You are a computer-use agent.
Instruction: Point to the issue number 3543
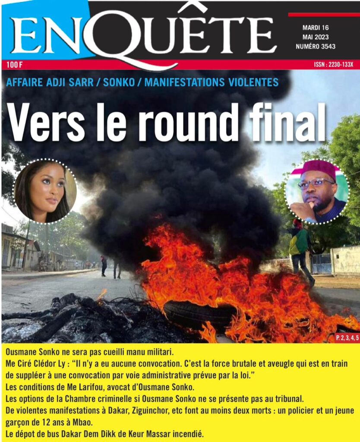327,46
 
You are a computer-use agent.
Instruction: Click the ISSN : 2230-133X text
334,65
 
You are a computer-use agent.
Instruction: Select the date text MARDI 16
316,28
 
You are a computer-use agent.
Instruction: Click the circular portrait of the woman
45,191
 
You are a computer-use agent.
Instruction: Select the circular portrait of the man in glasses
317,192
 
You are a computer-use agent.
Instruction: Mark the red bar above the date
323,14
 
